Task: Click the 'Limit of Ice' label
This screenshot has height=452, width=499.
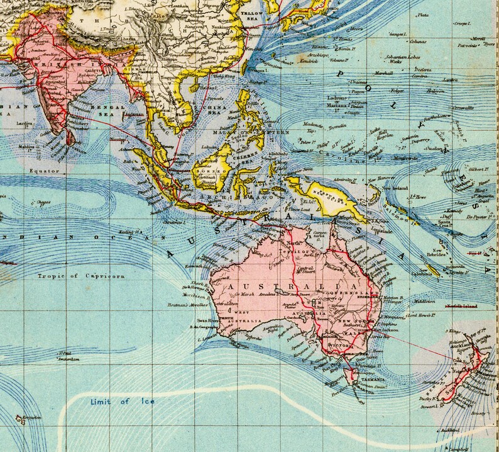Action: (123, 401)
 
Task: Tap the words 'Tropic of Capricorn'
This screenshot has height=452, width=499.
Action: (77, 276)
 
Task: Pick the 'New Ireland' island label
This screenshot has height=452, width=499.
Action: (398, 189)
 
